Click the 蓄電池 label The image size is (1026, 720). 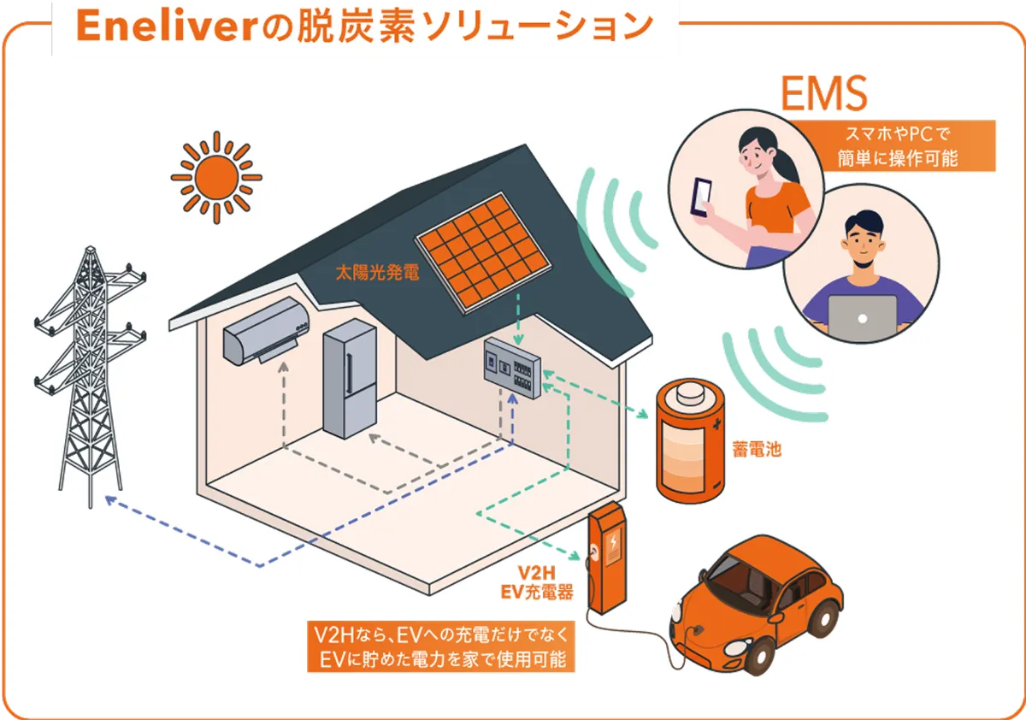pyautogui.click(x=757, y=449)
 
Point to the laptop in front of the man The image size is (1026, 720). pyautogui.click(x=863, y=319)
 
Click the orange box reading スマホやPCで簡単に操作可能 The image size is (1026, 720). pyautogui.click(x=898, y=145)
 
